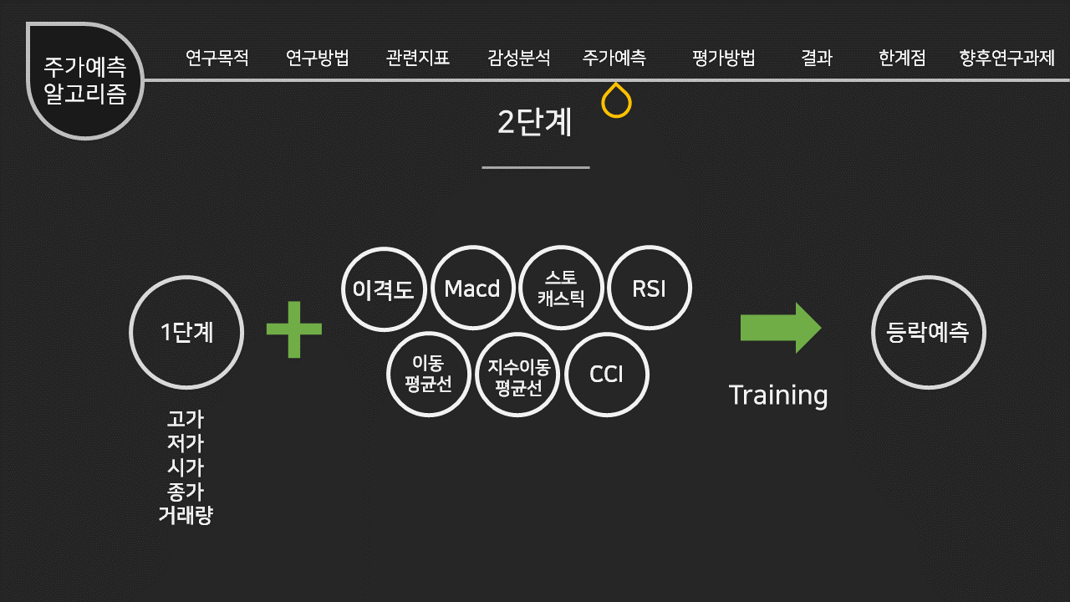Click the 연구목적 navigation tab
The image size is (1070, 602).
(x=217, y=59)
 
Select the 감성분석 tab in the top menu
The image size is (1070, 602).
(x=519, y=59)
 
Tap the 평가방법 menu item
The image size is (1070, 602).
(x=724, y=59)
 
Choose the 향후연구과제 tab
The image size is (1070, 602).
(x=1007, y=59)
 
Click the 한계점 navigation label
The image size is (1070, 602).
(x=902, y=59)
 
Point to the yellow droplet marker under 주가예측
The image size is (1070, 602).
(x=616, y=101)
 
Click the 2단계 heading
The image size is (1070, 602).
(x=535, y=123)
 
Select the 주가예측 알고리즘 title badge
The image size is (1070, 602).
(x=85, y=81)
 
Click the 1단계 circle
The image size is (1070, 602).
(x=186, y=332)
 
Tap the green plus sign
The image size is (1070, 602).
(x=294, y=329)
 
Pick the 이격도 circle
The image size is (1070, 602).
(x=384, y=289)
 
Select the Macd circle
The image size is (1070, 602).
(x=472, y=288)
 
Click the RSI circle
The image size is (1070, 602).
(x=650, y=288)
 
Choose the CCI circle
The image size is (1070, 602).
(x=607, y=374)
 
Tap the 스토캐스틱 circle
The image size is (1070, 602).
(x=561, y=288)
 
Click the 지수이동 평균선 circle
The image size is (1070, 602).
(x=517, y=375)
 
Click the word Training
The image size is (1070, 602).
(x=778, y=395)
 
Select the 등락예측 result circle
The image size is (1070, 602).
(x=928, y=332)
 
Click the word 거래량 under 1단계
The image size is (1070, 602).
(x=186, y=515)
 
